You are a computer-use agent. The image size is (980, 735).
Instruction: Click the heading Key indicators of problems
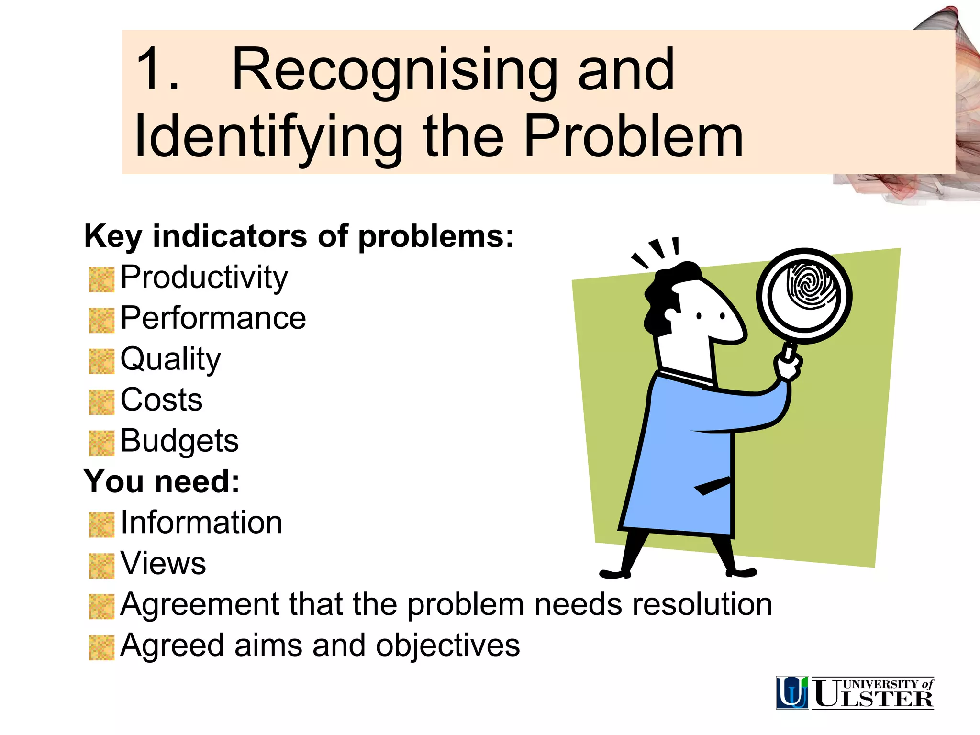pos(299,236)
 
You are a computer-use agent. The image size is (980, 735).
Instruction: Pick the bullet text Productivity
pos(204,278)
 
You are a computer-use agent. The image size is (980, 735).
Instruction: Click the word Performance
pos(213,318)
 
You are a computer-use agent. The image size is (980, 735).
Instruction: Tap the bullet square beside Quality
pos(101,361)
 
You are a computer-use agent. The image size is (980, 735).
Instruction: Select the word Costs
pos(161,400)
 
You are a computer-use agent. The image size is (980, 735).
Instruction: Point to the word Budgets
pos(179,441)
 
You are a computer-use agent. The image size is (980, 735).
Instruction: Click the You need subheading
pos(162,481)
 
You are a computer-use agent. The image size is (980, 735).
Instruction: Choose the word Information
pos(201,523)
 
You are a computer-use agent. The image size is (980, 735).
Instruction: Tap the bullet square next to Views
pos(101,566)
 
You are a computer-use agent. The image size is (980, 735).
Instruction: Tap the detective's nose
pos(732,325)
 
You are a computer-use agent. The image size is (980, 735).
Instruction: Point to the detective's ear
pos(670,316)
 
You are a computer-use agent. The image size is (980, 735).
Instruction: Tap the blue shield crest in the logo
pos(792,692)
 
